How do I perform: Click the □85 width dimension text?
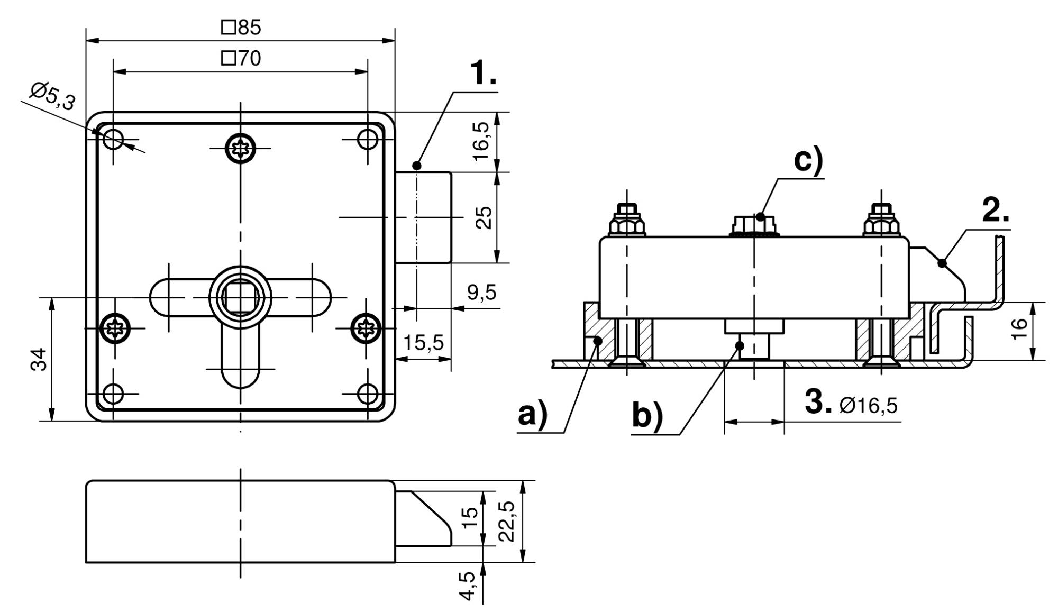[241, 28]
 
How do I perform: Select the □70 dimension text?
[241, 58]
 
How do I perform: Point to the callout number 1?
[484, 74]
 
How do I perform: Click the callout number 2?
[995, 212]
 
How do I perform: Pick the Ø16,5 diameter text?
[868, 406]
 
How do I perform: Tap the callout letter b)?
[647, 416]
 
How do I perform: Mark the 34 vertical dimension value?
[39, 360]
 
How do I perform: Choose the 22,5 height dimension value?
[507, 521]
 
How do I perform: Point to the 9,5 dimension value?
[481, 291]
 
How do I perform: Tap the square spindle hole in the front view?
[240, 297]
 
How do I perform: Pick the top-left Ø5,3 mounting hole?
[113, 140]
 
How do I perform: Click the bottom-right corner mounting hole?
[367, 394]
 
